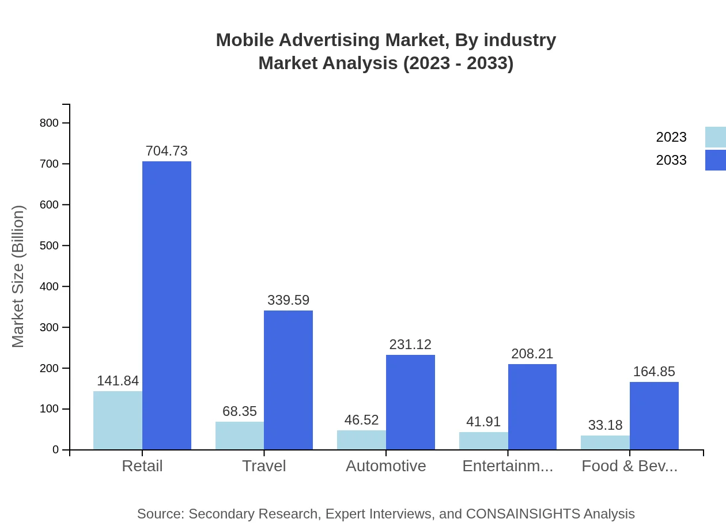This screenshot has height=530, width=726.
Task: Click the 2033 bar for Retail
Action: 167,305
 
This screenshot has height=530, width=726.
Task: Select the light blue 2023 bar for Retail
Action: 118,421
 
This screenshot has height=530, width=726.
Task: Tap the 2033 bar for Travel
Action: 288,380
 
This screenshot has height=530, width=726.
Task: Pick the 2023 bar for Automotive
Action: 361,440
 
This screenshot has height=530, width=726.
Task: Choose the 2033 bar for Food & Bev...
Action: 654,416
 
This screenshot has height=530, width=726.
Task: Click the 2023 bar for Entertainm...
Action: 483,441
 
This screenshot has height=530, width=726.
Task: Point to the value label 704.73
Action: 167,151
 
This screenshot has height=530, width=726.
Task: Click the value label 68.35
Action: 240,411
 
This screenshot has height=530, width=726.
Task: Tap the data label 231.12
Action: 410,344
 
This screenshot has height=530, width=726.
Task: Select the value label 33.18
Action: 605,425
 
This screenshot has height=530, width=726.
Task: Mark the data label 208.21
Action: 532,354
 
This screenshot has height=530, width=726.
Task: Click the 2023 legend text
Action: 671,137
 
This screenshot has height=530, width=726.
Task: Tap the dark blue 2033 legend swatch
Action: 715,160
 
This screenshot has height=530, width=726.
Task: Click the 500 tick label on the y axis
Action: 49,245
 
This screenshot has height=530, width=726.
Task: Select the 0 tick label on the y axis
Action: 56,450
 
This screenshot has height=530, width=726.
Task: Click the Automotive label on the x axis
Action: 385,465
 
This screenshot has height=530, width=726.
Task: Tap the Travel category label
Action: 264,465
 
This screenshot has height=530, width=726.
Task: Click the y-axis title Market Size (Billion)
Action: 18,277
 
